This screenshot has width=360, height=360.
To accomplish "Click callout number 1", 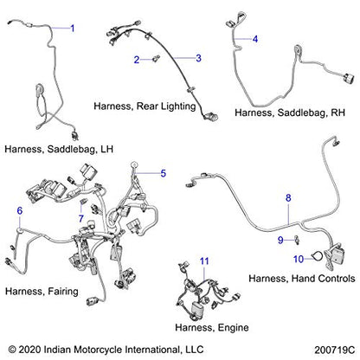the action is (73, 29).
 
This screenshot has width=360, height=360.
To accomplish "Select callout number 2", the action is (137, 60).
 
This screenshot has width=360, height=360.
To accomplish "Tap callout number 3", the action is (198, 58).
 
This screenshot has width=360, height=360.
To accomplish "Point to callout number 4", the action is (255, 39).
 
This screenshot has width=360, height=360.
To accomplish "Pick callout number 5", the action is (164, 173).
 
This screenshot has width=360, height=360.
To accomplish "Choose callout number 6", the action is (20, 210).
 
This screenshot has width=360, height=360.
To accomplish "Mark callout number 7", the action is (81, 218).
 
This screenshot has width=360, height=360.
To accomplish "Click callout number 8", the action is (288, 198).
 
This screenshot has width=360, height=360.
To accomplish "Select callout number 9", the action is (280, 240).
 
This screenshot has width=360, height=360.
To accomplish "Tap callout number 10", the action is (299, 259).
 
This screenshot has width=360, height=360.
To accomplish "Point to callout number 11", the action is (204, 261).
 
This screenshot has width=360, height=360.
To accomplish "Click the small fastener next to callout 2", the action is (157, 59).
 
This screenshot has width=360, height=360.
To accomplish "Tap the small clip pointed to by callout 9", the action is (296, 240).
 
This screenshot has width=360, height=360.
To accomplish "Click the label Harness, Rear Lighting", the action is (145, 106).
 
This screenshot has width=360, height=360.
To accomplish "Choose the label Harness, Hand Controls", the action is (302, 279).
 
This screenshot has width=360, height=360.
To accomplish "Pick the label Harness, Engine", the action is (212, 328).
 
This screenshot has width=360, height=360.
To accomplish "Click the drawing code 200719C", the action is (335, 350).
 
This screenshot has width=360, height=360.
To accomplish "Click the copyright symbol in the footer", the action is (12, 350).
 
